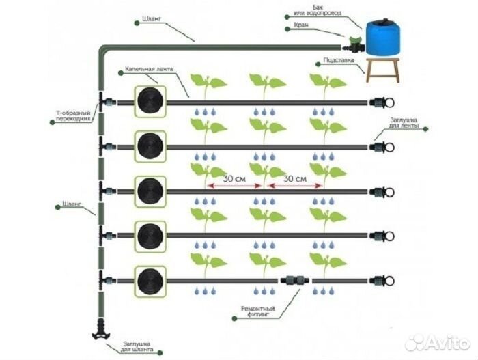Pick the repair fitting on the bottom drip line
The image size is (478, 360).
pos(294,280)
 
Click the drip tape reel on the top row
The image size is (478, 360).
pos(150,102)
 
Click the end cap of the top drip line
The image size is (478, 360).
pos(378,102)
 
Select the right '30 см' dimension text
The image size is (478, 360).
pos(294,178)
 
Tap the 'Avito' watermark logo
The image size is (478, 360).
pos(437,341)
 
